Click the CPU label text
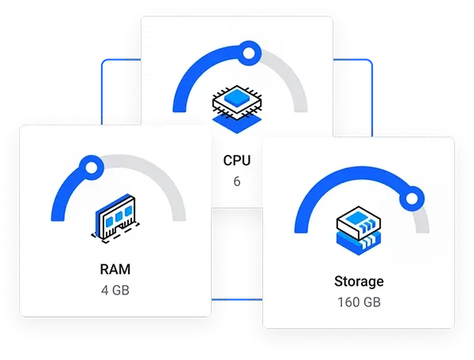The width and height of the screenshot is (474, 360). click(x=237, y=160)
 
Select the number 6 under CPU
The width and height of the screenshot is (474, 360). click(x=237, y=182)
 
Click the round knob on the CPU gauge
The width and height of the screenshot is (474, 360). click(x=249, y=54)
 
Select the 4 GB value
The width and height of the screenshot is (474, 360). click(x=115, y=290)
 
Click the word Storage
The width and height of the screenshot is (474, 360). click(x=359, y=281)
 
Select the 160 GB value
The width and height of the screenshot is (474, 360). click(x=359, y=302)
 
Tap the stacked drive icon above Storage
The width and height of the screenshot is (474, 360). click(x=359, y=230)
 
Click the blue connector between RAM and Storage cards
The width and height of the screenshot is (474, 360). click(x=236, y=301)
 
